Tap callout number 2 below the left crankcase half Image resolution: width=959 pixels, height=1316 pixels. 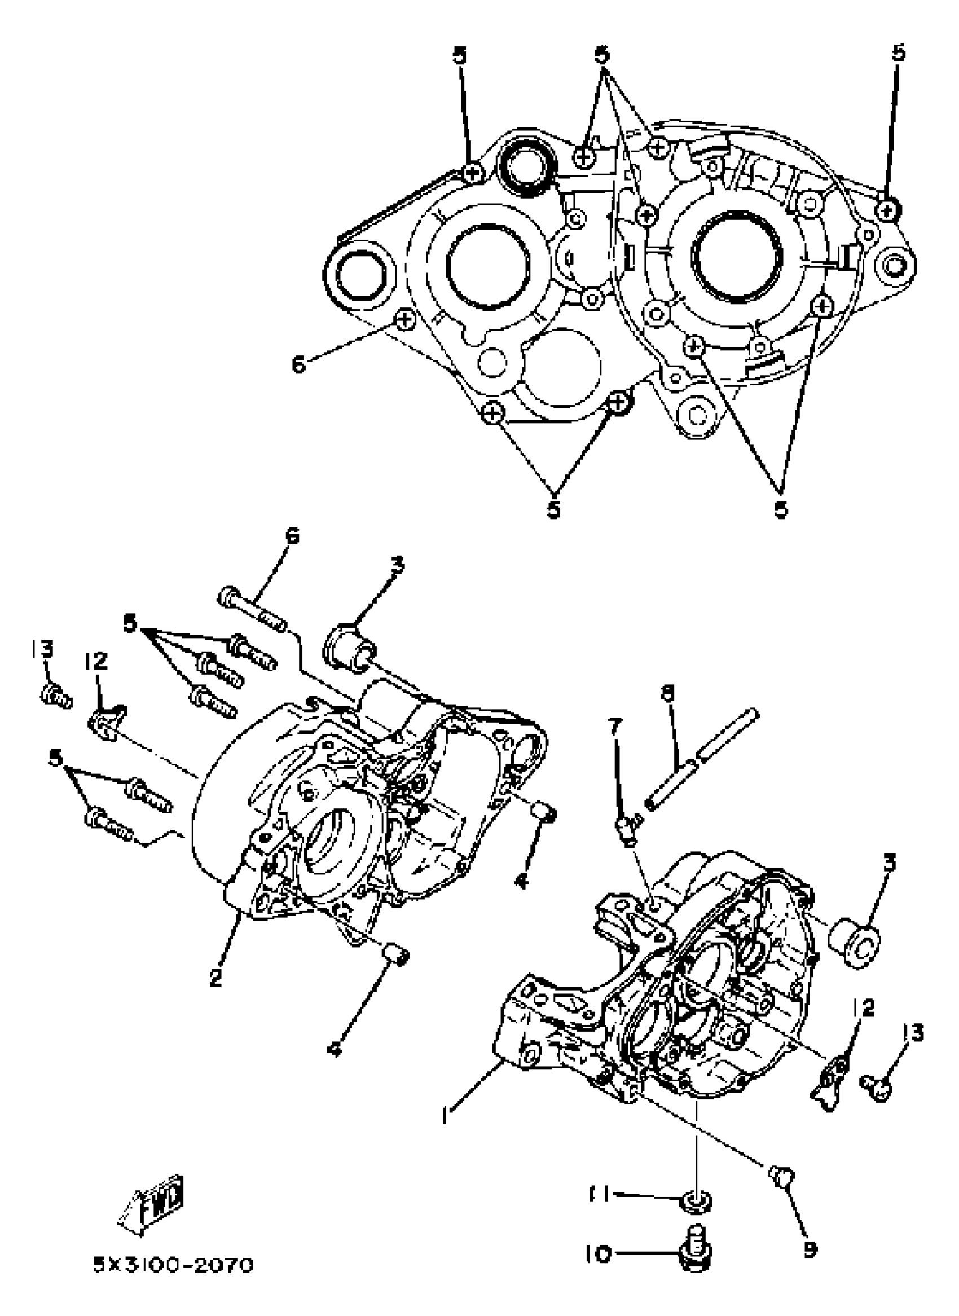coord(215,977)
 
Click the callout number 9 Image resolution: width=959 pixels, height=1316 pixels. coord(810,1247)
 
